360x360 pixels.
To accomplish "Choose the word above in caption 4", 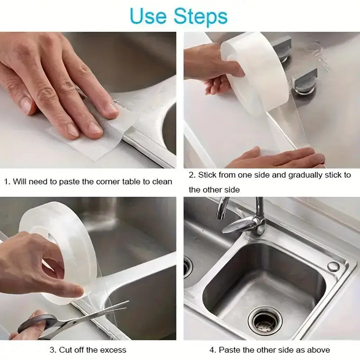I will click(x=318, y=350).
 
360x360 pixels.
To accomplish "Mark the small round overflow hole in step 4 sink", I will click(x=333, y=266).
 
